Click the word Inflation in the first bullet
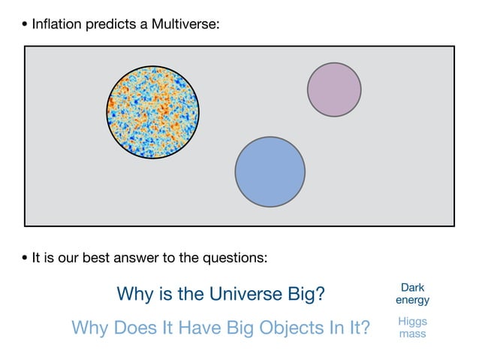click(x=56, y=25)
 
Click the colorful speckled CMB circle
click(x=153, y=111)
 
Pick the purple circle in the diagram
click(x=334, y=89)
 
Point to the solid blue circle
click(x=270, y=171)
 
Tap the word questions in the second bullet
click(x=236, y=259)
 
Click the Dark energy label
click(x=412, y=294)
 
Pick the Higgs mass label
click(x=412, y=327)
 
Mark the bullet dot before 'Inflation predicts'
click(x=25, y=26)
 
